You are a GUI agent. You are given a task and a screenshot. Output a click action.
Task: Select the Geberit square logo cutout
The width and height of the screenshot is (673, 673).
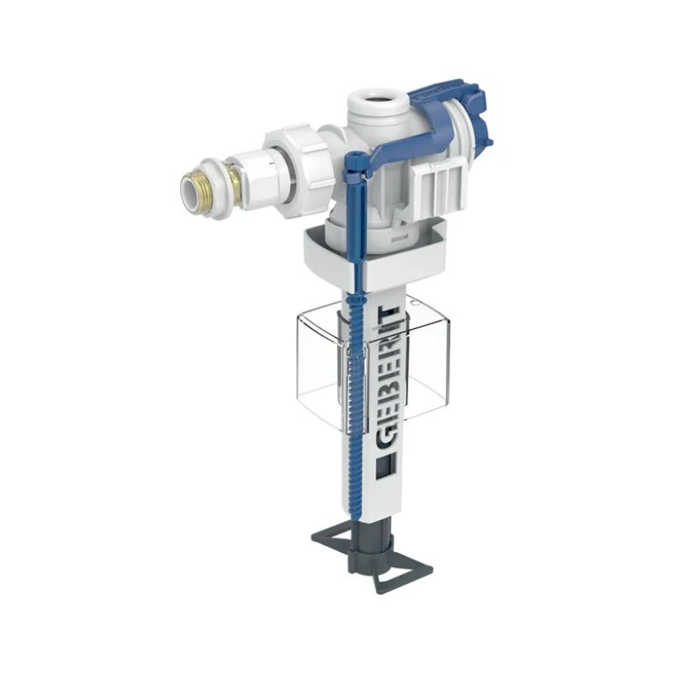click(x=383, y=467)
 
